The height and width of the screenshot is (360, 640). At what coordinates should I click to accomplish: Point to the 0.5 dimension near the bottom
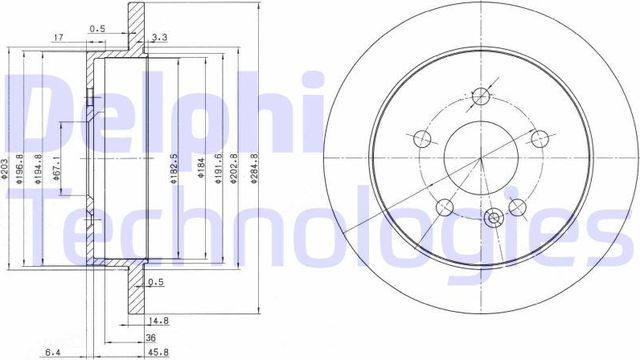[154, 282]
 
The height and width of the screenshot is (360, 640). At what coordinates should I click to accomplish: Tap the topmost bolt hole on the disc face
[482, 97]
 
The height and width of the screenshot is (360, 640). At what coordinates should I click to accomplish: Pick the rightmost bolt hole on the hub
[541, 138]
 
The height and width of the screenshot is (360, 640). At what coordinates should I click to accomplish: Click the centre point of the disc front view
[481, 160]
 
